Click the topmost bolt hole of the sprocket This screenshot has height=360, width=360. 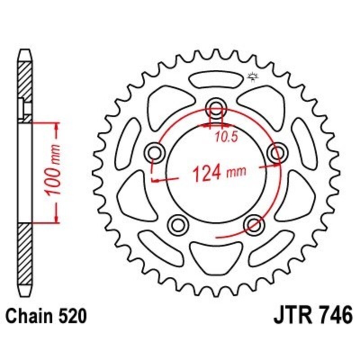click(216, 108)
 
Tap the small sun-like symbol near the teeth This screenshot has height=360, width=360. click(252, 77)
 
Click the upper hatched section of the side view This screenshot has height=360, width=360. click(25, 85)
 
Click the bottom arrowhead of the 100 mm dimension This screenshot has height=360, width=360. click(56, 219)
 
